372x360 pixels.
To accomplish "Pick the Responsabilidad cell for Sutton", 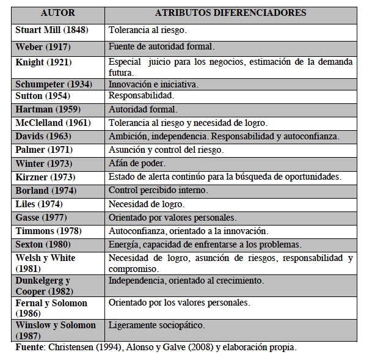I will coord(141,96).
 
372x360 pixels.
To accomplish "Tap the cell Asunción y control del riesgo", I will coord(166,149).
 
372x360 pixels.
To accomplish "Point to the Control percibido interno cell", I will coord(158,190).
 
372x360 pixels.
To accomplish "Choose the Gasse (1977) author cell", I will coord(40,217).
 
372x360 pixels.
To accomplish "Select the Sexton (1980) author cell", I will coord(42,244).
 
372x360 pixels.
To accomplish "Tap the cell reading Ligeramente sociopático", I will coord(156,325).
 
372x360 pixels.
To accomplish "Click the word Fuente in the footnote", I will coord(29,347).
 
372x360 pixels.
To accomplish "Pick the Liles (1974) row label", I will coord(38,204).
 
